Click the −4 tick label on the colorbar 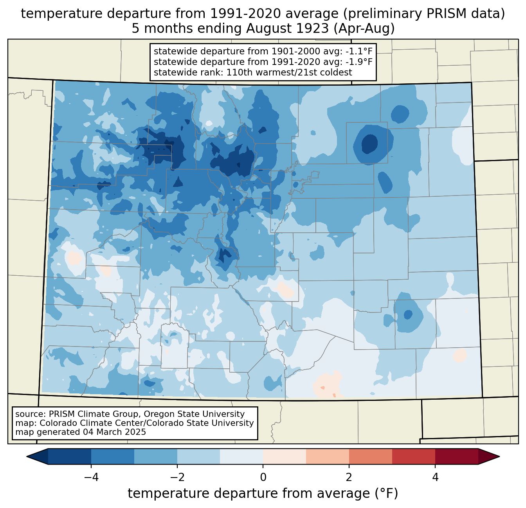pyautogui.click(x=91, y=477)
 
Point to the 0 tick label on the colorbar pyautogui.click(x=263, y=477)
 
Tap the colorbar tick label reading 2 pyautogui.click(x=349, y=477)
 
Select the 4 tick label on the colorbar pyautogui.click(x=435, y=477)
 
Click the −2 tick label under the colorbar pyautogui.click(x=177, y=477)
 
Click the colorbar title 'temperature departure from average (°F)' pyautogui.click(x=263, y=494)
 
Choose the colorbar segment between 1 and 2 pyautogui.click(x=328, y=456)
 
